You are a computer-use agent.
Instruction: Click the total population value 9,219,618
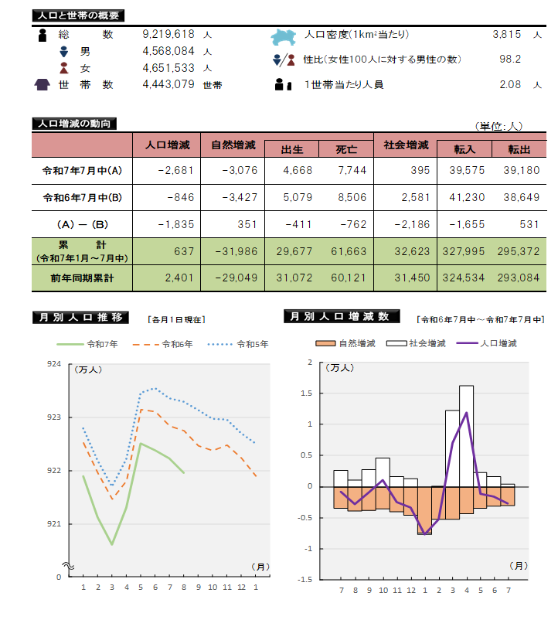(x=168, y=35)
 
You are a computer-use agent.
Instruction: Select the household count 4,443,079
(x=168, y=84)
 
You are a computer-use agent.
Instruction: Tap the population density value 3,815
(x=506, y=35)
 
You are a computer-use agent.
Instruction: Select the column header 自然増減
(x=233, y=145)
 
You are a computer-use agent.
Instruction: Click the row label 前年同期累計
(x=81, y=278)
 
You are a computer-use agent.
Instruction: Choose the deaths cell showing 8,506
(x=352, y=198)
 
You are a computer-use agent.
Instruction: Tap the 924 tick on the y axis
(x=54, y=363)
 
